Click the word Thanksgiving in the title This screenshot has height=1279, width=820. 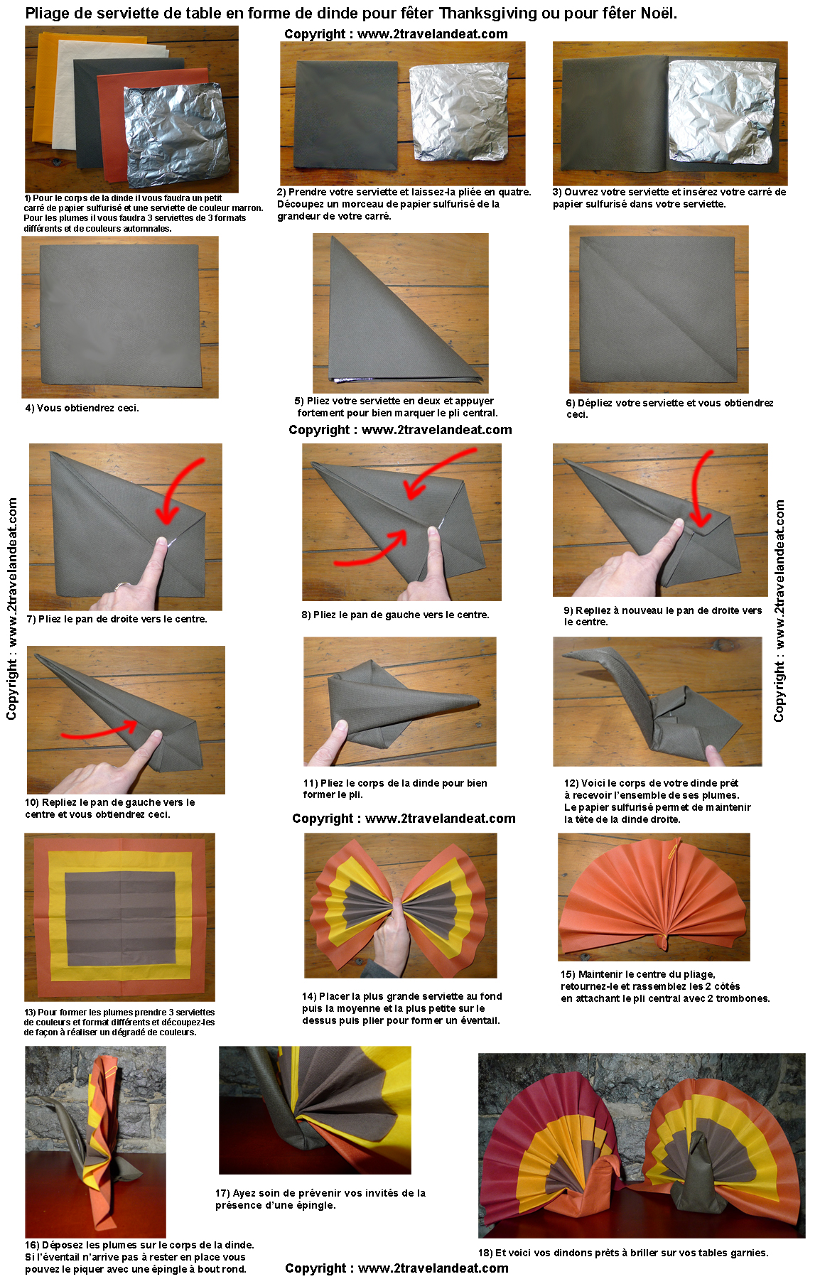(487, 13)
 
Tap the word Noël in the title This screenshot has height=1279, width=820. (658, 13)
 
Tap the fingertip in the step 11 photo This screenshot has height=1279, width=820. (340, 725)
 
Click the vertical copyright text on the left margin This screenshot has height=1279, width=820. (12, 609)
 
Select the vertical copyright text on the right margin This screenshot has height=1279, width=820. (779, 610)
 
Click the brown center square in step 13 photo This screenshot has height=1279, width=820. (120, 919)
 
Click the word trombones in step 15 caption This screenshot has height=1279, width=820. (742, 998)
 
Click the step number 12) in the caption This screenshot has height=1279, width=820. (571, 783)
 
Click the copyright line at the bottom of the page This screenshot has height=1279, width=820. (396, 1268)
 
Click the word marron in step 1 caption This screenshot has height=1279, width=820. (247, 208)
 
